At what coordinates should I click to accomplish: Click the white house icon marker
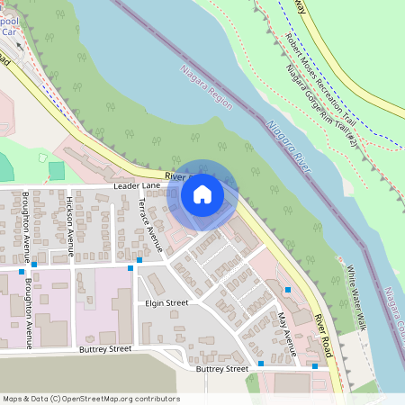[x=202, y=194]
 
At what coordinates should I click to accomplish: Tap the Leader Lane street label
[x=137, y=185]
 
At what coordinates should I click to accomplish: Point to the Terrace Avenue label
[x=143, y=224]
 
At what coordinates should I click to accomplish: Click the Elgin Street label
[x=166, y=303]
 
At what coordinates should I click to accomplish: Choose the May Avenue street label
[x=287, y=330]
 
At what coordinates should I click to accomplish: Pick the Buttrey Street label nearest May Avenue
[x=221, y=369]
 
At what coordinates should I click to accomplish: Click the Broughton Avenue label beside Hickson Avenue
[x=28, y=220]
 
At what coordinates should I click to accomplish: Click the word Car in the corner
[x=10, y=31]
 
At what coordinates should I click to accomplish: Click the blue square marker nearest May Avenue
[x=288, y=290]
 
